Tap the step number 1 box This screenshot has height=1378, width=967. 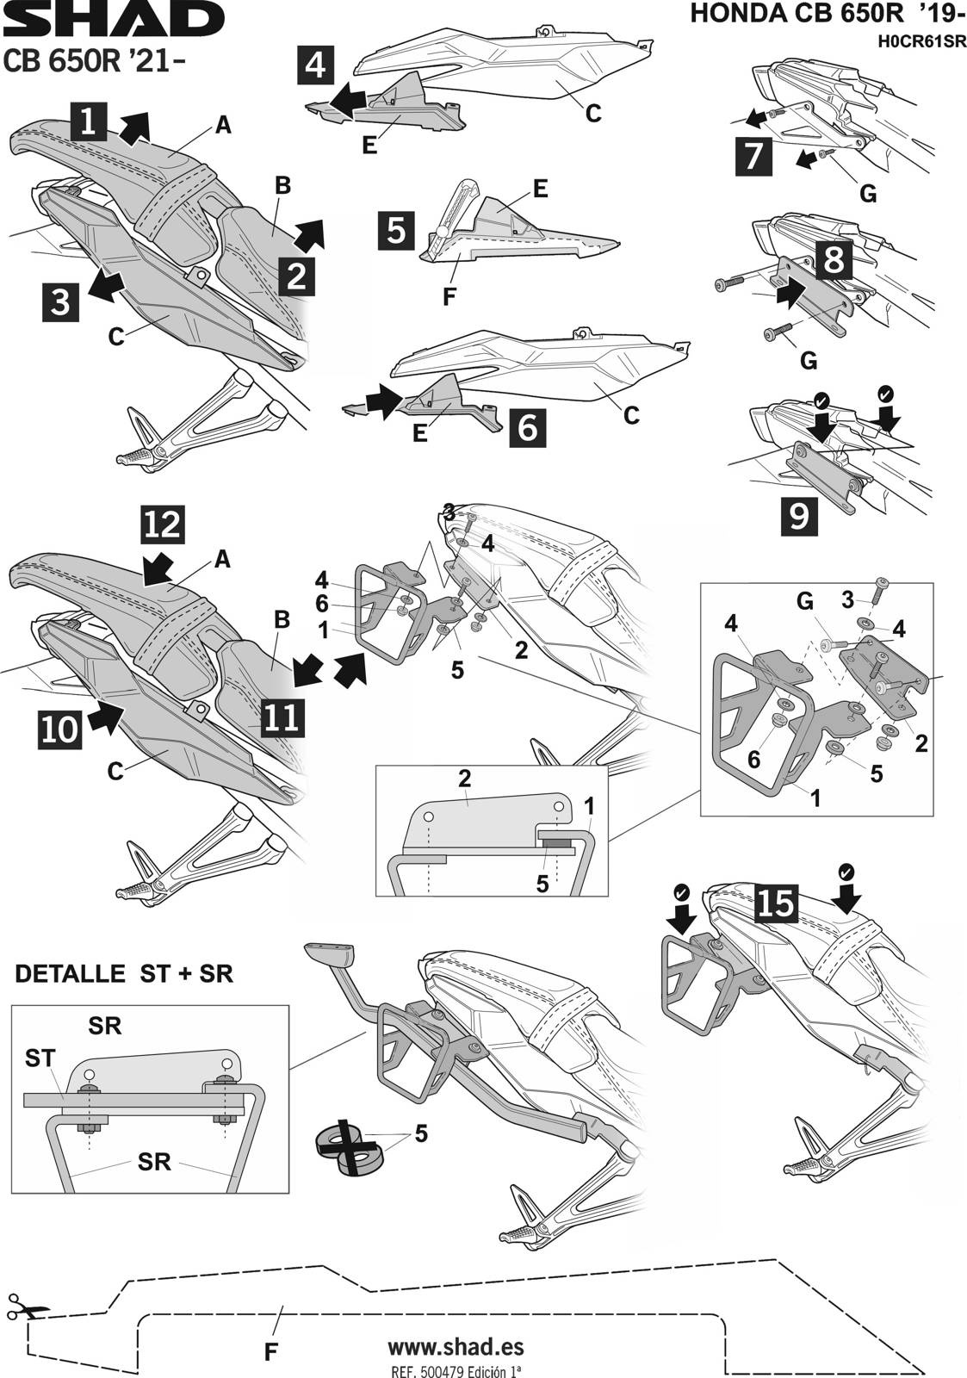[x=89, y=121]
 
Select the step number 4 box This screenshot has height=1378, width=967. [x=316, y=65]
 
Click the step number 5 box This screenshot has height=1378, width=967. [x=396, y=230]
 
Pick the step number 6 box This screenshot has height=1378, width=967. [x=528, y=425]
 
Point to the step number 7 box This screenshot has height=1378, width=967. [x=754, y=157]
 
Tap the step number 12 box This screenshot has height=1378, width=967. [x=163, y=525]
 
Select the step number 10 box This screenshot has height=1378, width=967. [x=59, y=729]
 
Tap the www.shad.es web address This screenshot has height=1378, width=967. [x=456, y=1346]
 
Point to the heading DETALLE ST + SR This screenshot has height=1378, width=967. [x=124, y=974]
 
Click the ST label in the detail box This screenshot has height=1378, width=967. [x=40, y=1058]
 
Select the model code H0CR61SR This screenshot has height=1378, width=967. [x=918, y=40]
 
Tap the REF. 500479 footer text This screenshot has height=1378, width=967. [x=456, y=1369]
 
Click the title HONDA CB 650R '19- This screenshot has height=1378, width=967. [x=827, y=15]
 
